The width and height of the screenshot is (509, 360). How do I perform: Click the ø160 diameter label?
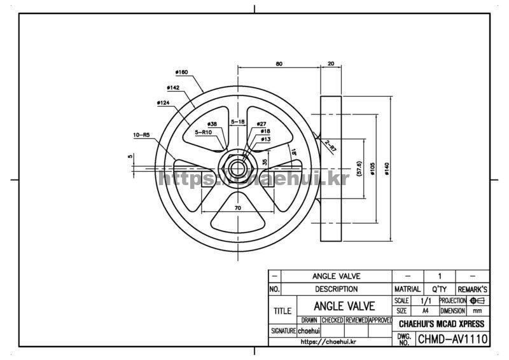181,73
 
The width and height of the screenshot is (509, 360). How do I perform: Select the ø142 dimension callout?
172,87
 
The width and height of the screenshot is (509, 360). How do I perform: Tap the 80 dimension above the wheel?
279,64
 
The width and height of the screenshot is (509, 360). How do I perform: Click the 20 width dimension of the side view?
331,64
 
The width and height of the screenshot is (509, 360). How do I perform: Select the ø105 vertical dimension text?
373,168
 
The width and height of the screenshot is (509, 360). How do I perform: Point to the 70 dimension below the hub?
237,208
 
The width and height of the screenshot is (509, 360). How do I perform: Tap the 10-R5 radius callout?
141,135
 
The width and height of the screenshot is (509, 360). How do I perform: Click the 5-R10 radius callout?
203,132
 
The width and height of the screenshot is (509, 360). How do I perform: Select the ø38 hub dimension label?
212,124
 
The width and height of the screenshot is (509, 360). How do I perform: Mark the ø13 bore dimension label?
265,139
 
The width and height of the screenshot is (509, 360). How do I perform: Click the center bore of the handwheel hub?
237,169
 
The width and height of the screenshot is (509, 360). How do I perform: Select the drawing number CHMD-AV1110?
452,339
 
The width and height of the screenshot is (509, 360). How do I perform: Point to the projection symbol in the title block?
477,300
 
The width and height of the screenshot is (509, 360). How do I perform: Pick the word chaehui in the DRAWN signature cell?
309,331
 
